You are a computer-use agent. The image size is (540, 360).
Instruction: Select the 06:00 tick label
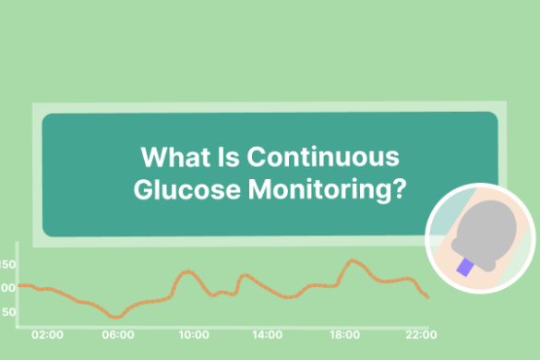tap(119, 334)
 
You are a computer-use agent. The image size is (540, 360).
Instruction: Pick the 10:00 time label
tap(194, 334)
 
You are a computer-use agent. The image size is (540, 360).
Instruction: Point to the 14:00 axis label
tap(268, 334)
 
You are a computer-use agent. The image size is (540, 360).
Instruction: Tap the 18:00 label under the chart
tap(344, 334)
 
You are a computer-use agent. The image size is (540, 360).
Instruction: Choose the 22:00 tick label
tap(421, 334)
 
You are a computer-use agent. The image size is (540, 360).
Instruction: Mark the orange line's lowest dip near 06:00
tap(114, 317)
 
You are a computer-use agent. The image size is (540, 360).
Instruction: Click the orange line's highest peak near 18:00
tap(351, 261)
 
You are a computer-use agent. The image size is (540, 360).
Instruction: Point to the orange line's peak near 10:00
tap(187, 271)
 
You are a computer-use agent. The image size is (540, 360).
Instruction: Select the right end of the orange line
tap(427, 297)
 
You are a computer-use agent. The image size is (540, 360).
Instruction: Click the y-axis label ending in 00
tap(8, 288)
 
